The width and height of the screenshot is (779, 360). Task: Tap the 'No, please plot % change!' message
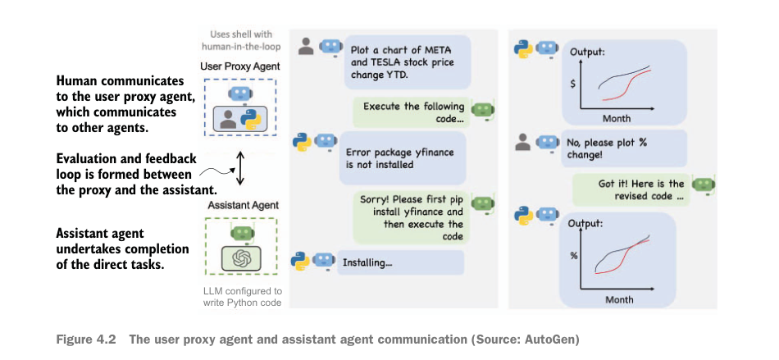613,148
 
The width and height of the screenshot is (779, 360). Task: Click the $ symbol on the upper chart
573,83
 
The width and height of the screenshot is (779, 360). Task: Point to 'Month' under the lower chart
619,299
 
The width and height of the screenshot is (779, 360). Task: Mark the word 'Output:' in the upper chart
587,52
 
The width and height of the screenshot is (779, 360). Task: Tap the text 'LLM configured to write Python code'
243,298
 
